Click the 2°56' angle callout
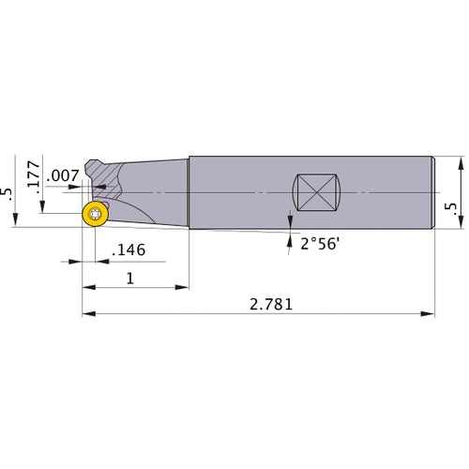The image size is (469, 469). click(320, 244)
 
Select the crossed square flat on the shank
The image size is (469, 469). click(317, 193)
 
